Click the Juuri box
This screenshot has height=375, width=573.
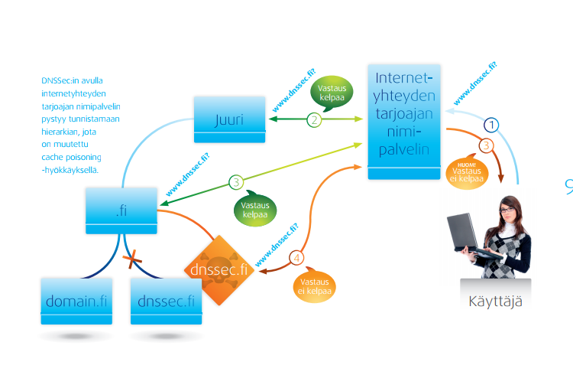(x=228, y=117)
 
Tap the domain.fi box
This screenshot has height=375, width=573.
(x=76, y=301)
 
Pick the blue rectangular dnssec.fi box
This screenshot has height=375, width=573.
(x=166, y=301)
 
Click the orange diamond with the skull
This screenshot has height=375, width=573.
(x=219, y=270)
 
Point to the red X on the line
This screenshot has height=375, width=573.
(x=133, y=260)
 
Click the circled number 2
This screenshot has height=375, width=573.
(x=314, y=119)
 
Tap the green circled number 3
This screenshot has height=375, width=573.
(x=236, y=182)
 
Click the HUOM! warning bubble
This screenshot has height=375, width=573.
(x=465, y=171)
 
